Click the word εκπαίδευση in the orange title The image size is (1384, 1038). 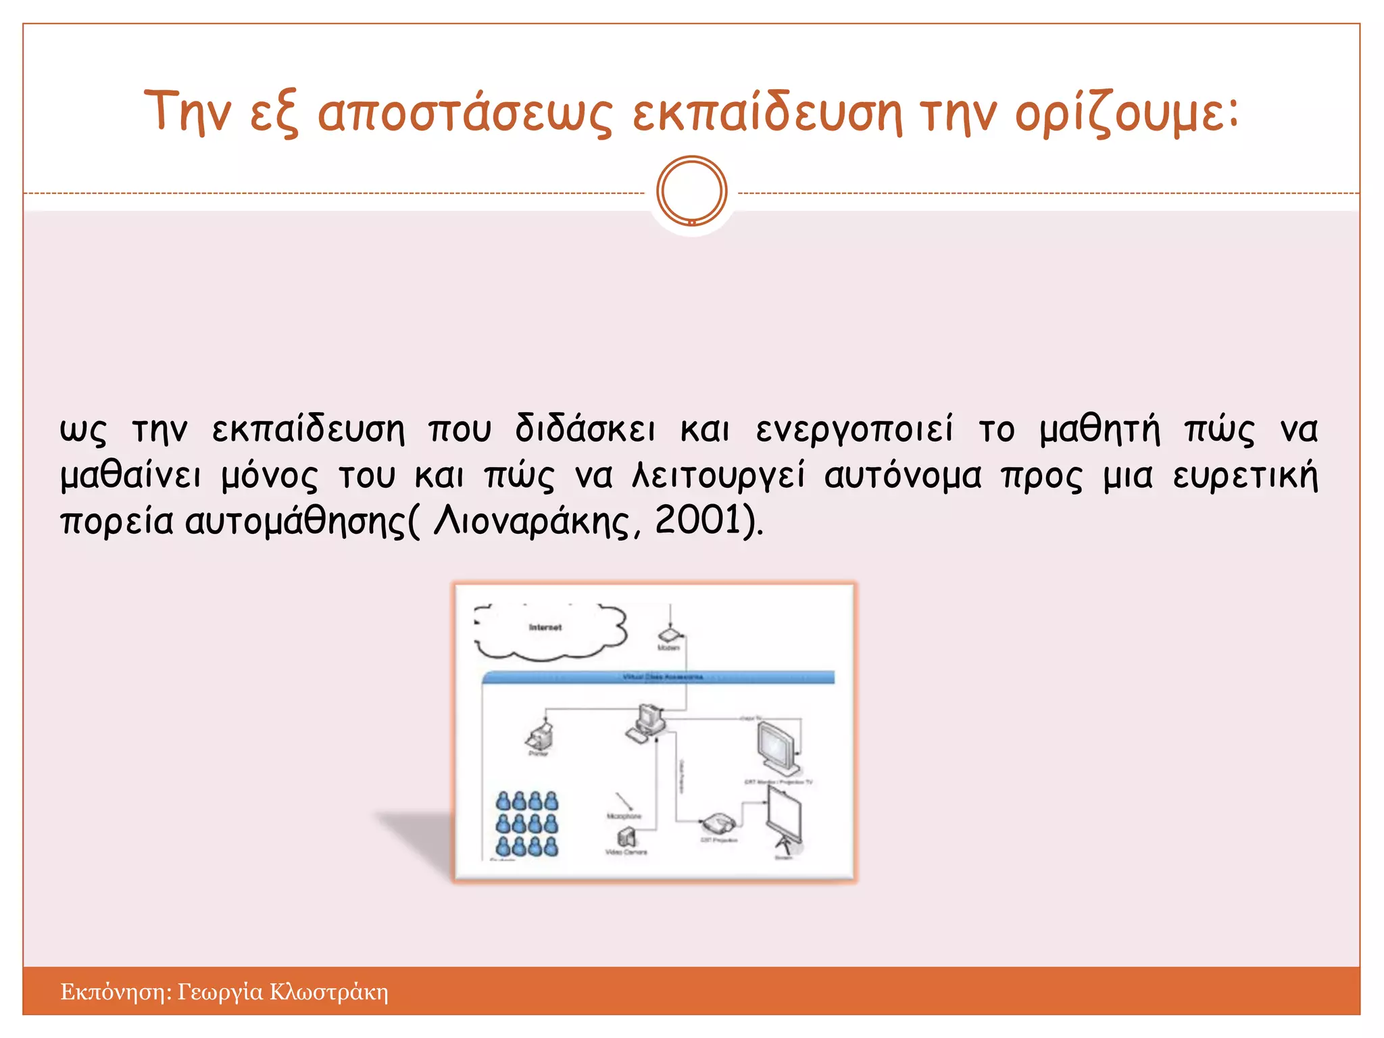click(766, 114)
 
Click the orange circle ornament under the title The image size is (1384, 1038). click(691, 191)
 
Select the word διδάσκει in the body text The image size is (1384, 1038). click(585, 430)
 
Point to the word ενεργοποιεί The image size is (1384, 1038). click(854, 430)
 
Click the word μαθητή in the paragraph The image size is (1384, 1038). click(1099, 430)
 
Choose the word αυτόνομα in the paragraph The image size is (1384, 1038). click(902, 476)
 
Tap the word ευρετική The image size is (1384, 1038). click(1245, 476)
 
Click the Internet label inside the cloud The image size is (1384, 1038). click(545, 628)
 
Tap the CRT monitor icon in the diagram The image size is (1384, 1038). click(778, 748)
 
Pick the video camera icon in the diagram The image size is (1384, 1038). click(626, 839)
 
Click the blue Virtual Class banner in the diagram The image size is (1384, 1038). click(659, 677)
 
